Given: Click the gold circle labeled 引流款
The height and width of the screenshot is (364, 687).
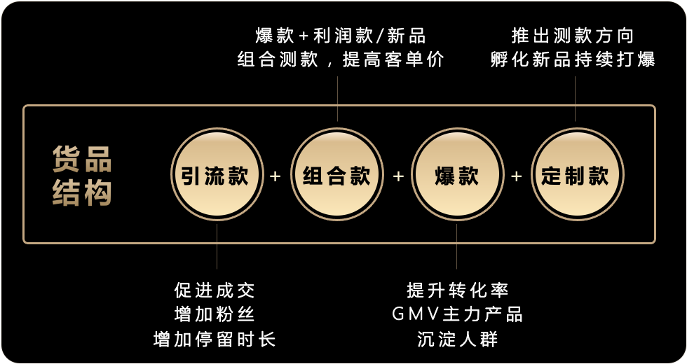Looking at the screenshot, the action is [x=217, y=175].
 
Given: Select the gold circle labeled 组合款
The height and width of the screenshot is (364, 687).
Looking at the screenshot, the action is [x=336, y=175].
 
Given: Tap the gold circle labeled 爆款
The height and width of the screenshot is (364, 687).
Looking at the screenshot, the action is [x=456, y=175].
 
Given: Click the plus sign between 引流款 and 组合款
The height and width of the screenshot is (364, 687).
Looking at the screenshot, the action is [x=276, y=176].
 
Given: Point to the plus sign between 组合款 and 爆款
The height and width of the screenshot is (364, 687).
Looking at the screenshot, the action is [x=397, y=176].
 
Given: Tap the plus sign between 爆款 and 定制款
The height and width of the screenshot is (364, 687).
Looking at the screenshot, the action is [x=517, y=176].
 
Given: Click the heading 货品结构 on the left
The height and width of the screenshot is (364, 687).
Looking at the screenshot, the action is [x=83, y=176].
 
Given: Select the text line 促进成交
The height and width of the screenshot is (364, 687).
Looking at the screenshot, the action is [x=215, y=289].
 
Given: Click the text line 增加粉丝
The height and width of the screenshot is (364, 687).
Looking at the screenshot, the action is [x=215, y=314].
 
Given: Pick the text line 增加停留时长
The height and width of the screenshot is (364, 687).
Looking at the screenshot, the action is [x=215, y=339].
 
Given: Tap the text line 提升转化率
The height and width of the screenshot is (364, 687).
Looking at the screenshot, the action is [x=457, y=289].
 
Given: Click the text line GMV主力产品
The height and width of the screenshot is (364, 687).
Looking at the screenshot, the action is [x=457, y=314].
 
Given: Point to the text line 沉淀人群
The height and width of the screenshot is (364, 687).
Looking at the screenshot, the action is [x=457, y=339].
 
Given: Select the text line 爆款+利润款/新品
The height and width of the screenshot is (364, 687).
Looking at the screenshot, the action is [x=341, y=35].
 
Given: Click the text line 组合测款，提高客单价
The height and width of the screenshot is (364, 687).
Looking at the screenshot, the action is [x=341, y=59].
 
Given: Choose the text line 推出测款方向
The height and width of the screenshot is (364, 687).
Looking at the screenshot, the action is [x=573, y=35].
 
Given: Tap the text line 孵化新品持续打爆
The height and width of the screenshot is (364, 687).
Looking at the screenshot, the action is [x=573, y=59].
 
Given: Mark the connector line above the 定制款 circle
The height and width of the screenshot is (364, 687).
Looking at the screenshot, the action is [x=576, y=98].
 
